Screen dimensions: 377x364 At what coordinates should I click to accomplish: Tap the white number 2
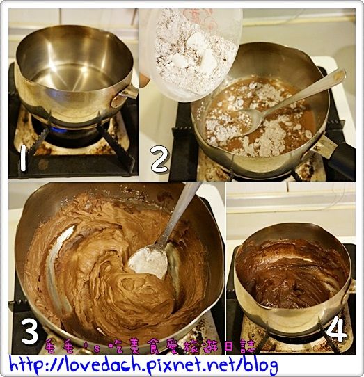pos(159,159)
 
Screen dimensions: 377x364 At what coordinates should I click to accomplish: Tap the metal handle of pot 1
pos(129,91)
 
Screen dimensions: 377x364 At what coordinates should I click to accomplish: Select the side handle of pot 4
pos(351,284)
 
